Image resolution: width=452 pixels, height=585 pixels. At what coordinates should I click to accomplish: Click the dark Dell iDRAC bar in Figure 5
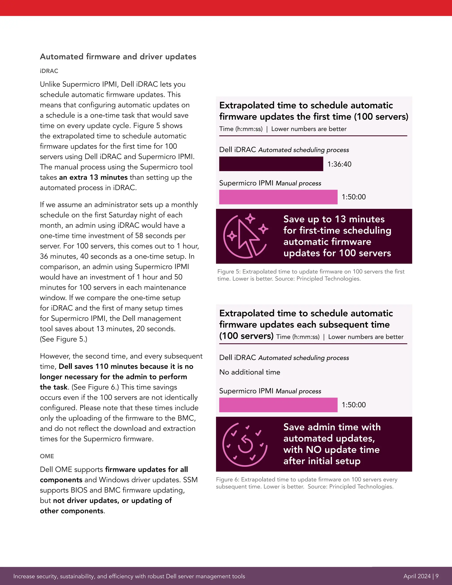point(271,164)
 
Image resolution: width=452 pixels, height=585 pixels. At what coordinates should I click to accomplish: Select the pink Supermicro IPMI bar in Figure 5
point(278,197)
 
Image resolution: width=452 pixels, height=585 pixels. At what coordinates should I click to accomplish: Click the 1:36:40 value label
point(339,164)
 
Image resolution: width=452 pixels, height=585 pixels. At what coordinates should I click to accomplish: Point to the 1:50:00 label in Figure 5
point(354,197)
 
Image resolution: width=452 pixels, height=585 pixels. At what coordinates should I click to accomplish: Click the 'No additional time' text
point(250,372)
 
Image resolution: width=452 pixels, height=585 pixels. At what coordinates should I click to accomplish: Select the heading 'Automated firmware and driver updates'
point(118,57)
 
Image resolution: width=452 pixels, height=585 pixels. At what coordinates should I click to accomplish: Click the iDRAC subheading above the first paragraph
point(49,71)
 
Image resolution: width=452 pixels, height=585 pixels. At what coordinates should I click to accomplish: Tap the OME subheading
point(47,456)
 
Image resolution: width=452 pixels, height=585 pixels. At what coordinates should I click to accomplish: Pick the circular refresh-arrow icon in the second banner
point(245,445)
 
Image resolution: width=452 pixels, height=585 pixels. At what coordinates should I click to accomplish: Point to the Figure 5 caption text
point(311,275)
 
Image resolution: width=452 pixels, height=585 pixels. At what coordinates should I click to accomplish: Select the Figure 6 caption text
point(306,483)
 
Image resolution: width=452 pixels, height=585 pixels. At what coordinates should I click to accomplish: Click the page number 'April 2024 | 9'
point(421,576)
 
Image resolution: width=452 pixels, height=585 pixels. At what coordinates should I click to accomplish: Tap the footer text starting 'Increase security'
point(129,576)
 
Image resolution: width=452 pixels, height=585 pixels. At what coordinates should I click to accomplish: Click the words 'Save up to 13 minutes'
point(334,219)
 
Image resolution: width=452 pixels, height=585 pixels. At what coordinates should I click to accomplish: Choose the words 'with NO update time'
point(331,449)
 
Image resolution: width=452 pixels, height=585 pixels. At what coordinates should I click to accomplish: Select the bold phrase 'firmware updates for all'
point(147,469)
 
